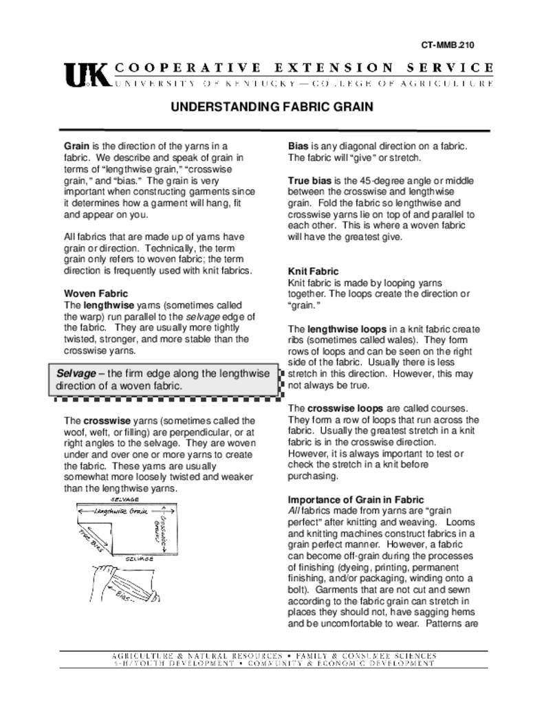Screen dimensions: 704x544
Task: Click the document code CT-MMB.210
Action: tap(447, 45)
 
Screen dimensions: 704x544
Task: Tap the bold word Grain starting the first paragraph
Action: tap(77, 146)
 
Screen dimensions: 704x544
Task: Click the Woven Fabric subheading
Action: tap(96, 294)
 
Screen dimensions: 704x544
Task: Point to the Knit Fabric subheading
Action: tap(313, 272)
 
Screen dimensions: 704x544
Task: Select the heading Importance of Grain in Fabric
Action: tap(356, 499)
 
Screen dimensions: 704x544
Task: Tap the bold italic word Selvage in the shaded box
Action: tap(76, 373)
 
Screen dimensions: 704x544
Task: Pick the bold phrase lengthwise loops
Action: tap(347, 329)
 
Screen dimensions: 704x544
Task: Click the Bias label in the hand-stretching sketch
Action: tap(124, 595)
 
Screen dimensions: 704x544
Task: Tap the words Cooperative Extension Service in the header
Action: tap(303, 67)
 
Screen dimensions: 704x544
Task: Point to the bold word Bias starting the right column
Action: tap(298, 146)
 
